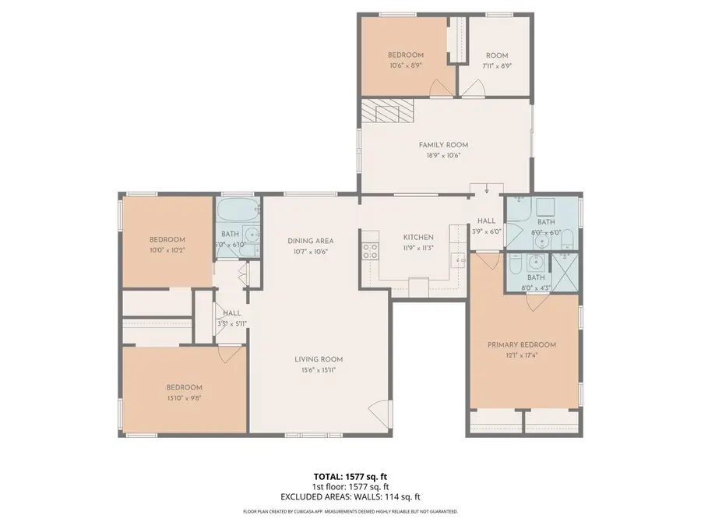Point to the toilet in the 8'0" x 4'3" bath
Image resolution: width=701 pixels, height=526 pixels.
click(x=515, y=267)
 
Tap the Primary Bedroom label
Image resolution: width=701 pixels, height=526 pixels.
click(x=522, y=345)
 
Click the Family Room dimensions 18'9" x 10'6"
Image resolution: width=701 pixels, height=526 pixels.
click(x=443, y=155)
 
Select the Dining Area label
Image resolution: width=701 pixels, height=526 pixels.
click(x=309, y=242)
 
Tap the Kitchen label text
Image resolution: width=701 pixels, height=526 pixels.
click(x=417, y=238)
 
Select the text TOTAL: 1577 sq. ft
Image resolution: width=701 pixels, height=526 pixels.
click(x=350, y=475)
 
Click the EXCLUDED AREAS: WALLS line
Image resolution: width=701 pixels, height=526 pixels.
click(x=350, y=496)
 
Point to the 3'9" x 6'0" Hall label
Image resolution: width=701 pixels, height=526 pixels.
click(x=486, y=226)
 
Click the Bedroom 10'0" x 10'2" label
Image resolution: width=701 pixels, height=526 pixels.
click(x=167, y=245)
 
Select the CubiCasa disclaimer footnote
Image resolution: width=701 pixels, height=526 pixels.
click(x=350, y=512)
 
